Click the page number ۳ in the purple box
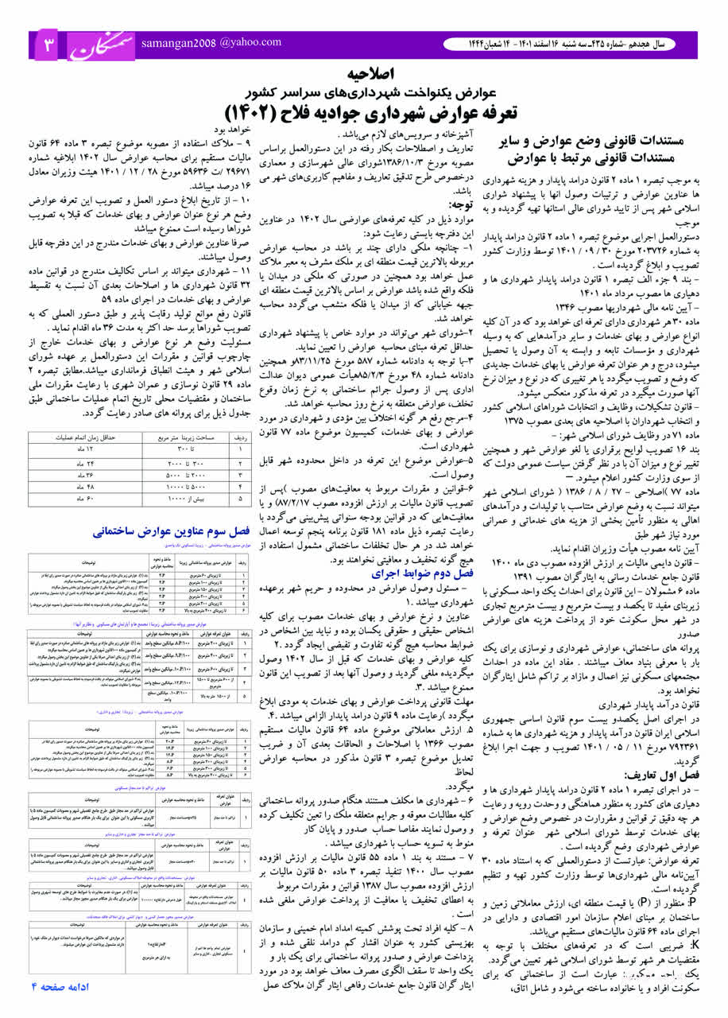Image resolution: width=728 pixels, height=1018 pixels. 47,45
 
